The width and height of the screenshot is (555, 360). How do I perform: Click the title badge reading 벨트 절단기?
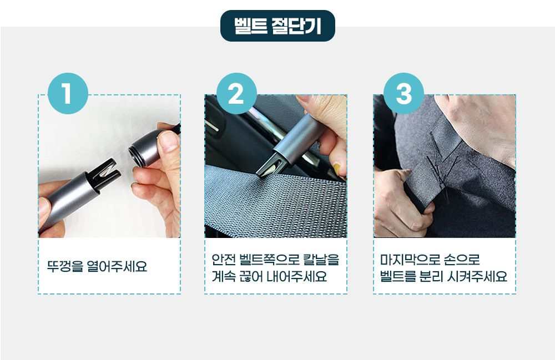click(277, 26)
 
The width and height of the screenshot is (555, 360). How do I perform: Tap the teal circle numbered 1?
click(68, 93)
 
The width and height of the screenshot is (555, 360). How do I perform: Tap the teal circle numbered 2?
click(236, 93)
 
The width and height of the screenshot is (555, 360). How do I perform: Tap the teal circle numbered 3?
click(403, 93)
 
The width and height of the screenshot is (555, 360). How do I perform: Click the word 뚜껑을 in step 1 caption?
click(64, 266)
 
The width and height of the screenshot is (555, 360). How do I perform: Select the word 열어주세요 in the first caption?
click(117, 266)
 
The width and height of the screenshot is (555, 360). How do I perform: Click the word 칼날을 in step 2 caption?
click(321, 260)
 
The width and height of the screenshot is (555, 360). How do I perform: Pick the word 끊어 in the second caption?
click(251, 276)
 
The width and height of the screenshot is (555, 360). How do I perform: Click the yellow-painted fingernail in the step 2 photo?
click(337, 168)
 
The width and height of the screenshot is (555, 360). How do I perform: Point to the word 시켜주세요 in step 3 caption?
click(477, 276)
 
